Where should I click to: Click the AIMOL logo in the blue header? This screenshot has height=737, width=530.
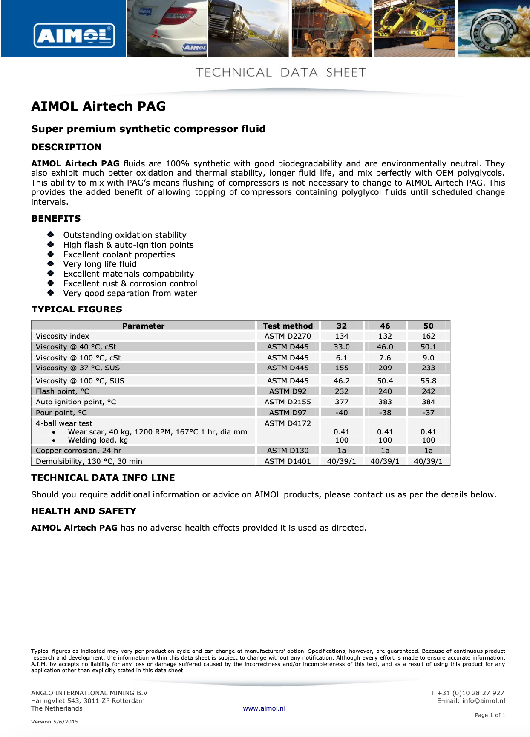pyautogui.click(x=74, y=35)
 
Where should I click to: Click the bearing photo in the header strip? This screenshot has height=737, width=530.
pyautogui.click(x=493, y=29)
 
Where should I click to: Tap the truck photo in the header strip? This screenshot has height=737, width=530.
pyautogui.click(x=248, y=29)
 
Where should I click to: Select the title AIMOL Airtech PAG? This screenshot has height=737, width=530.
pyautogui.click(x=98, y=106)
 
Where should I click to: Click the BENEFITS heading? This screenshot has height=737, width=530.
pyautogui.click(x=56, y=219)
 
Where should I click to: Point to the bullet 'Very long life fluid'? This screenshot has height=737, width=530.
pyautogui.click(x=100, y=264)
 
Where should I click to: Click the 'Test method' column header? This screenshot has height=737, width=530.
pyautogui.click(x=288, y=326)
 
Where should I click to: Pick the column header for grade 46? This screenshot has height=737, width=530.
pyautogui.click(x=385, y=326)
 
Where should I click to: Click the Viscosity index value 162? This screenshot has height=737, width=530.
pyautogui.click(x=428, y=336)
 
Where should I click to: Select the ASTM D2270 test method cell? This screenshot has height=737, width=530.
pyautogui.click(x=288, y=336)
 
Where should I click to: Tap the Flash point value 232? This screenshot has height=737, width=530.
pyautogui.click(x=341, y=391)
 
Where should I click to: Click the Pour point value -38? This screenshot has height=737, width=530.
pyautogui.click(x=385, y=413)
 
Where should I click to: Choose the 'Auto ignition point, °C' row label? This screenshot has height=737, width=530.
pyautogui.click(x=76, y=402)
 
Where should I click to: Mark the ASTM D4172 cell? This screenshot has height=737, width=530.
pyautogui.click(x=288, y=423)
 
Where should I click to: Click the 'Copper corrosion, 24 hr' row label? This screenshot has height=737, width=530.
pyautogui.click(x=78, y=451)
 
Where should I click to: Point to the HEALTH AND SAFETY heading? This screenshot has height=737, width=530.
pyautogui.click(x=84, y=511)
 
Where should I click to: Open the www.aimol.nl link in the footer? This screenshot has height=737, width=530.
pyautogui.click(x=264, y=708)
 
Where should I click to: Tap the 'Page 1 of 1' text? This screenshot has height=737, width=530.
pyautogui.click(x=490, y=715)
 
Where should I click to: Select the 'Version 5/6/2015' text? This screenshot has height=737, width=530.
pyautogui.click(x=55, y=722)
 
